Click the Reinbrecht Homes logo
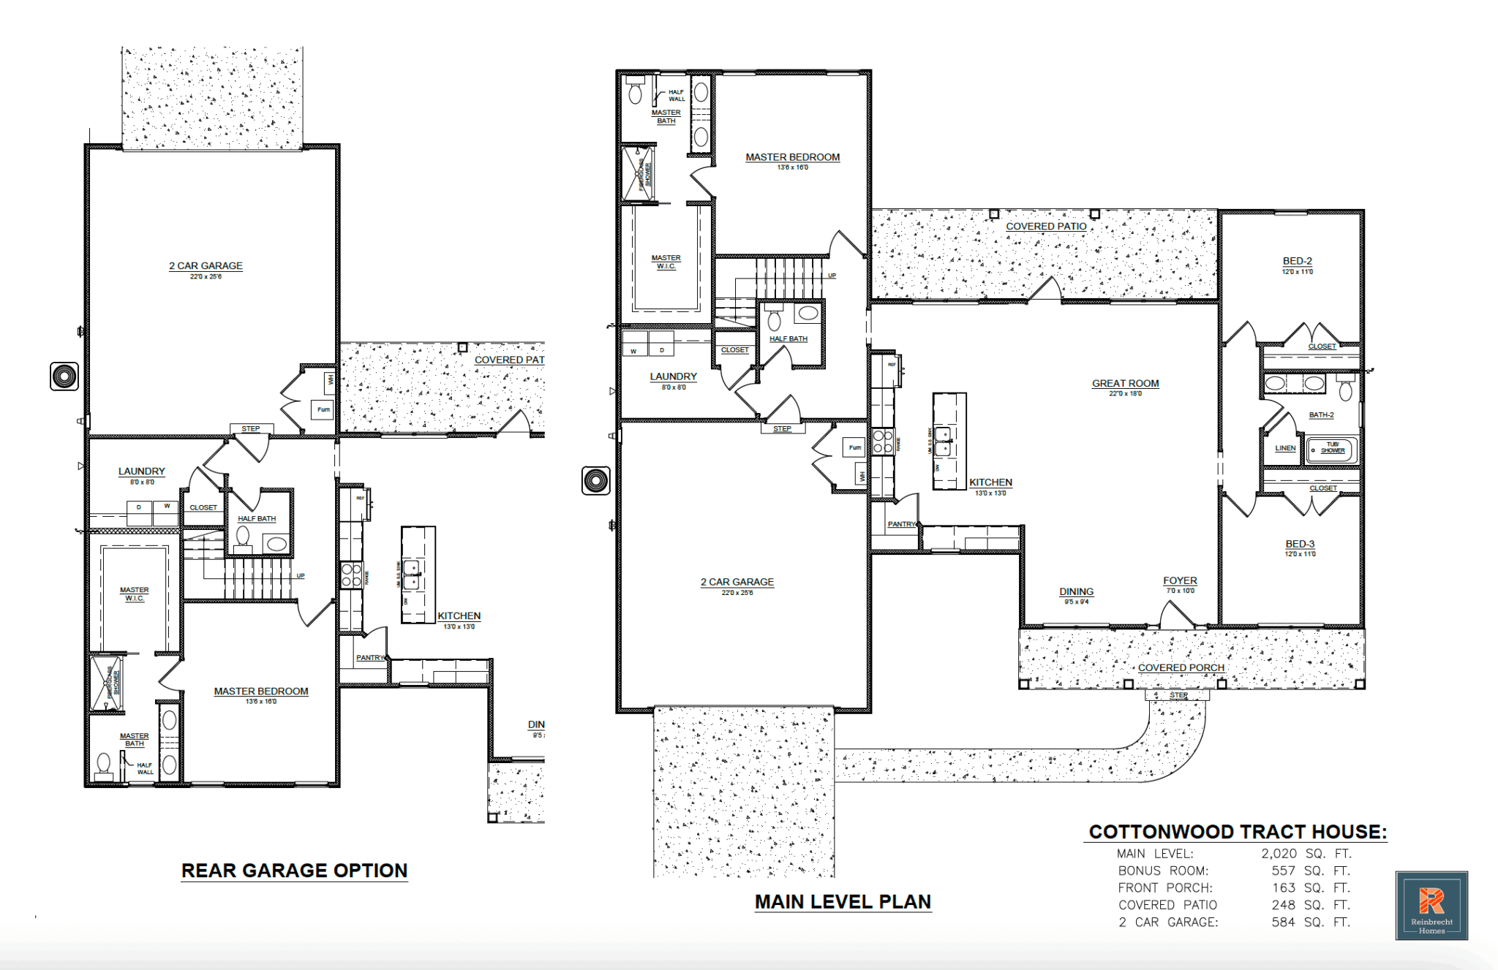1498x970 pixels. (x=1431, y=905)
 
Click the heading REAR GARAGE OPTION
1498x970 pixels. (x=294, y=871)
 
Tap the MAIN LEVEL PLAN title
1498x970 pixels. (x=843, y=902)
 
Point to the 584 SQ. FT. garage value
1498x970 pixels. (x=1310, y=922)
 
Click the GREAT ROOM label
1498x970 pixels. (x=1125, y=383)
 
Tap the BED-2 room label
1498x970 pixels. (x=1297, y=261)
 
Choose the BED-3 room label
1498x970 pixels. (x=1300, y=544)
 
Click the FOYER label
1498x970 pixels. (x=1180, y=580)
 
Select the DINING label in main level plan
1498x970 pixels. (x=1076, y=591)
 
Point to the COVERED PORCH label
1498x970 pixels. (x=1181, y=667)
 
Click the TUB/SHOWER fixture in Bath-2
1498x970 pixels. (x=1332, y=448)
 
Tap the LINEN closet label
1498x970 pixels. (x=1284, y=448)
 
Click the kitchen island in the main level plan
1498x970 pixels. (x=949, y=441)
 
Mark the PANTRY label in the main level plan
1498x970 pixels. (x=901, y=524)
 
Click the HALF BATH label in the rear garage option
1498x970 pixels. (x=257, y=518)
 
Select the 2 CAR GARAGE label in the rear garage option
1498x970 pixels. (x=206, y=266)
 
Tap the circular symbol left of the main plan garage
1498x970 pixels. (x=595, y=480)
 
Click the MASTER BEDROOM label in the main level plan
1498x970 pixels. (x=792, y=157)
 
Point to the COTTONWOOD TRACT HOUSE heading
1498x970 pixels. (x=1237, y=832)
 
